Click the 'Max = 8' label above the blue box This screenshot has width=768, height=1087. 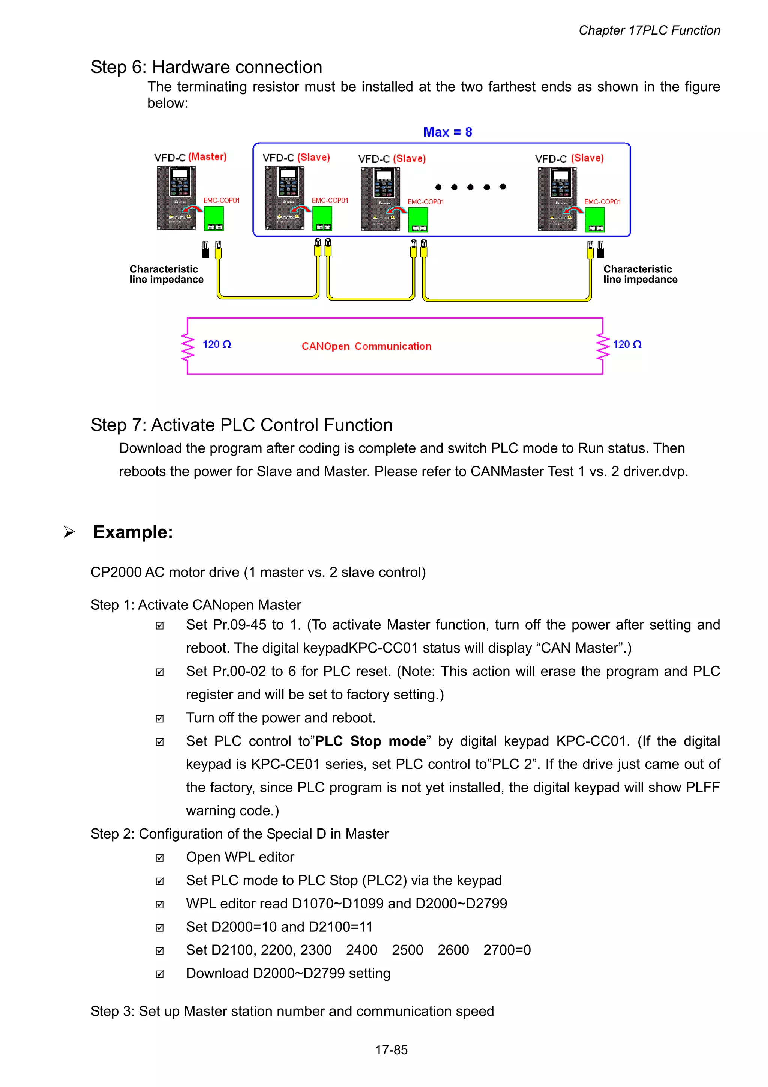tap(447, 132)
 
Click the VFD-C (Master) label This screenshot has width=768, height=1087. tap(190, 157)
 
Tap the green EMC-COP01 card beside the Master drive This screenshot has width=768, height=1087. tap(213, 218)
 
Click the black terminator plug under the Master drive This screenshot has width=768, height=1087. tap(205, 250)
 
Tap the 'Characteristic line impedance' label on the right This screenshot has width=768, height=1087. tap(640, 275)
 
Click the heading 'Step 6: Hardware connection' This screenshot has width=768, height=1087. tap(206, 67)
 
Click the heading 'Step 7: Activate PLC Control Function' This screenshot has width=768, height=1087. tap(241, 425)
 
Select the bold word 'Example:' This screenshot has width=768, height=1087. tap(133, 532)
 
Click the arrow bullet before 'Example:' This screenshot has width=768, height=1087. tap(69, 532)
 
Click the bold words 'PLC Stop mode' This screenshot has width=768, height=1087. tap(370, 741)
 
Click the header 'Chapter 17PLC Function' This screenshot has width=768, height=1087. tap(649, 30)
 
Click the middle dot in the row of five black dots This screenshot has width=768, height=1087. tap(470, 187)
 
